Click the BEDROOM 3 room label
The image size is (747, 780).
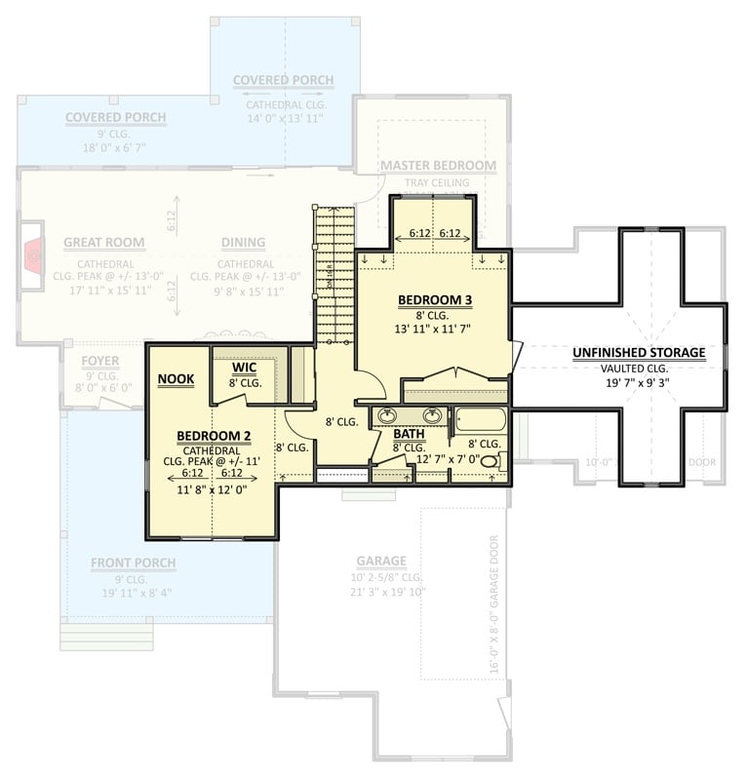pos(433,298)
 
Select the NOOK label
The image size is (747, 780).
pos(176,378)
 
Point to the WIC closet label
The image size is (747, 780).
pos(244,369)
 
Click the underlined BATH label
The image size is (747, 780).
pos(409,433)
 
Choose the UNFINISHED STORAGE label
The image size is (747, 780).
pos(639,352)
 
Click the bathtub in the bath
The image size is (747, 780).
pos(481,420)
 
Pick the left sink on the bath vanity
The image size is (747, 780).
pos(387,416)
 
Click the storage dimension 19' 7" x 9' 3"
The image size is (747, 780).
pos(639,383)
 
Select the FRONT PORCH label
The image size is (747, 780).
pos(134,563)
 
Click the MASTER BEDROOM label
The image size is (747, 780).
pos(438,166)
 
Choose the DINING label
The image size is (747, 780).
pos(243,243)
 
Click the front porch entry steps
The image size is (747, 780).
pos(107,635)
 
